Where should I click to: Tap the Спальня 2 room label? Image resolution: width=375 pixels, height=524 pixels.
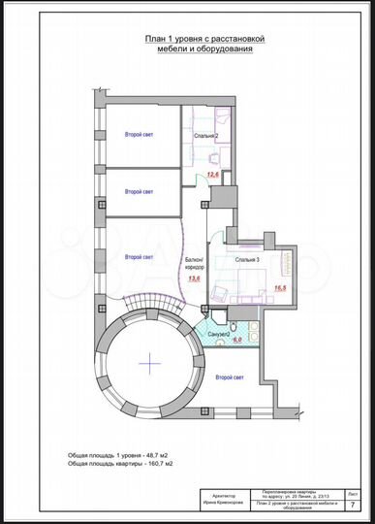[203, 137]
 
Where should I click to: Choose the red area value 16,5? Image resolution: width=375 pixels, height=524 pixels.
[281, 288]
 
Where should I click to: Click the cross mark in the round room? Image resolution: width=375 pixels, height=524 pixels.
[151, 362]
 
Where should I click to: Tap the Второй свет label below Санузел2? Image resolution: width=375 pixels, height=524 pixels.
[230, 376]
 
